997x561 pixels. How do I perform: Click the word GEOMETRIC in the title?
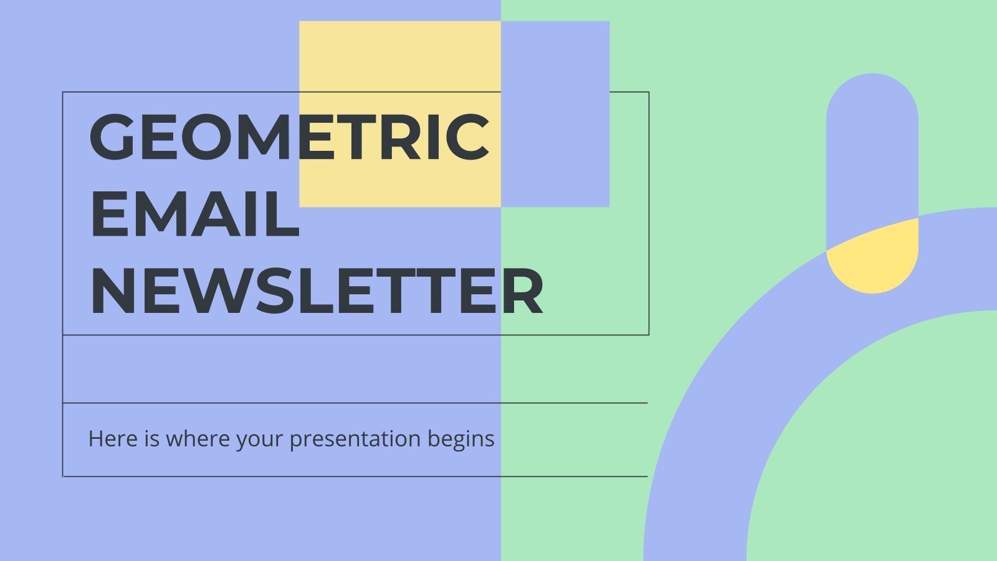click(290, 137)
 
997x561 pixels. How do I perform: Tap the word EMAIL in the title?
click(195, 214)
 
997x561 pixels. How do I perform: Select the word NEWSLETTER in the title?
click(317, 292)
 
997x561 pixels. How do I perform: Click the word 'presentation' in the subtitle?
click(356, 439)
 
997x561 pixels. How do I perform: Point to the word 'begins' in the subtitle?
click(461, 439)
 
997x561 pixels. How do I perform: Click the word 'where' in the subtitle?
click(193, 439)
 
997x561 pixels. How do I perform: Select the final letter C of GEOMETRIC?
click(467, 137)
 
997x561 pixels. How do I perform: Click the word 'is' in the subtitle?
click(152, 439)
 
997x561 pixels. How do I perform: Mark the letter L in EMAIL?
click(284, 214)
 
